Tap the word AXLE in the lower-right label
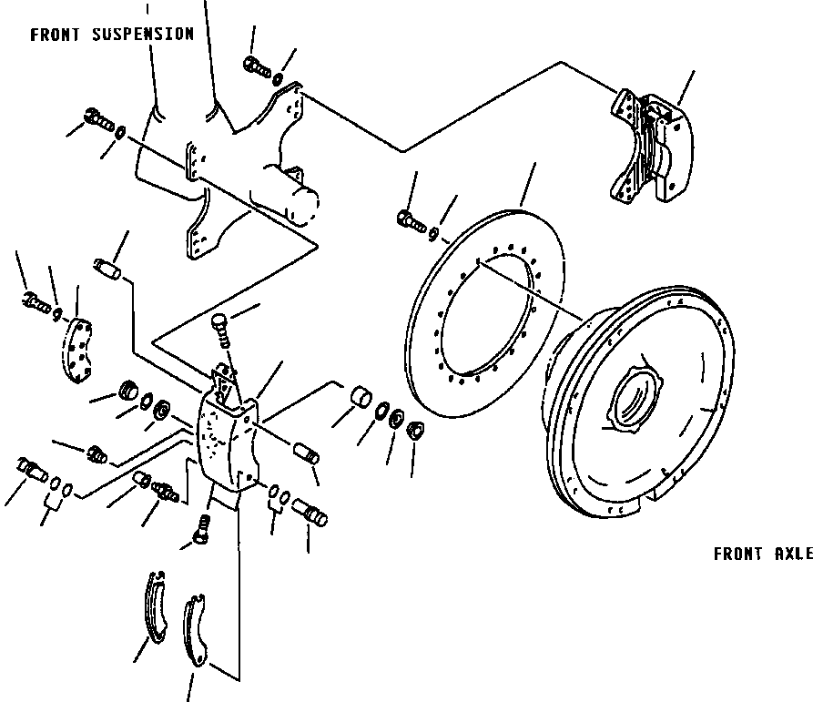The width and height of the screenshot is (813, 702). (x=793, y=554)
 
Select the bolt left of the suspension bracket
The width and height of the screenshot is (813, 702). (x=97, y=118)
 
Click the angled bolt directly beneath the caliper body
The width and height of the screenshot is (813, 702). (x=202, y=529)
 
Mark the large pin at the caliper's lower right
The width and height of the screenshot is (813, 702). (x=313, y=513)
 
